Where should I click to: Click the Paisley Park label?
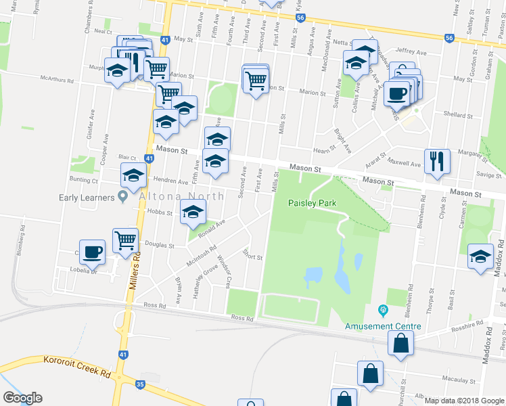pos(312,203)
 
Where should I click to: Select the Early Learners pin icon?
pos(122,197)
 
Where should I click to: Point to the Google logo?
pos(22,398)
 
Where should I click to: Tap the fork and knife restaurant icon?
pos(436,160)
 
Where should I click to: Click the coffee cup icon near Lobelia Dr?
pos(92,252)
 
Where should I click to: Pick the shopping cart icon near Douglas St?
pos(126,240)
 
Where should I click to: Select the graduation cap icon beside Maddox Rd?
pos(480,256)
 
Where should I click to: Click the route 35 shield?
pos(140,384)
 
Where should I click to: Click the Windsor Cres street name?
pos(224,270)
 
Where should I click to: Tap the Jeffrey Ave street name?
pos(411,51)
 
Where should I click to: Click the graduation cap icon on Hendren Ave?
pos(134,175)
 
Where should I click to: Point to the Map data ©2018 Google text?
pos(464,401)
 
